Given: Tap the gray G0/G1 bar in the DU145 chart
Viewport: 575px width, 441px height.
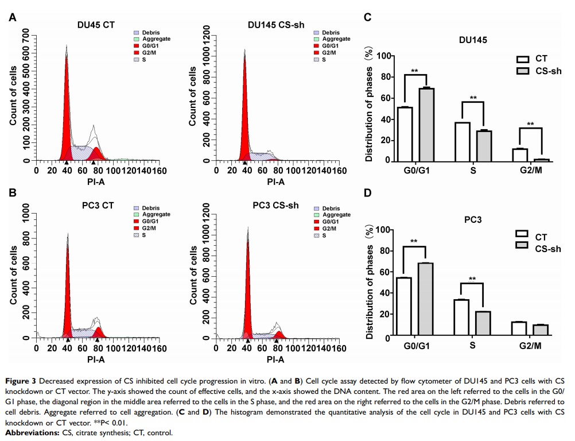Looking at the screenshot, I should [x=426, y=125].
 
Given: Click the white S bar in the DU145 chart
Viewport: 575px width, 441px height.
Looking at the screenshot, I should [x=462, y=142].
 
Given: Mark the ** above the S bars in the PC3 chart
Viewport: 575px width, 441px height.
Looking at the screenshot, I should [x=472, y=280].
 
